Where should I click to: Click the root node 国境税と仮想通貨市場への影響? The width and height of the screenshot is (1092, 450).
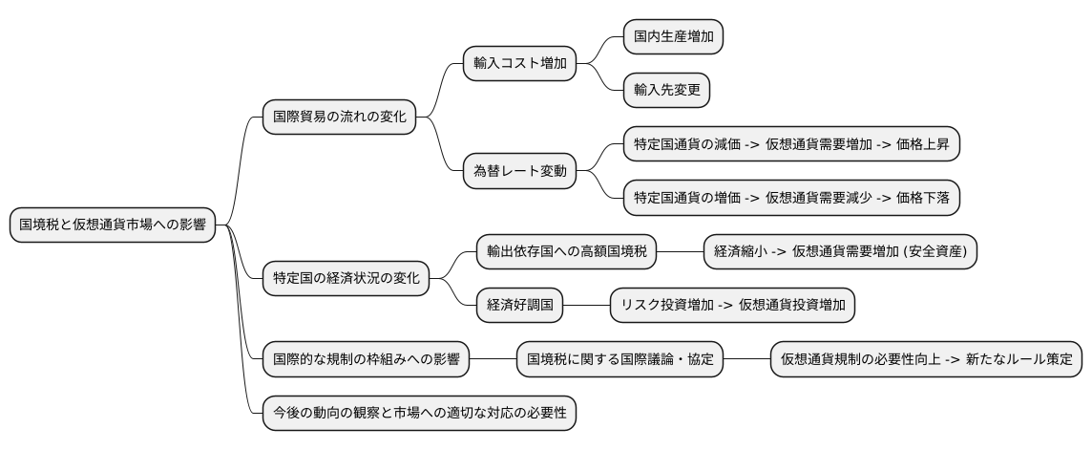click(x=113, y=225)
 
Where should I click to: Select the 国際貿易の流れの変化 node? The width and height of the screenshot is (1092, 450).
click(x=339, y=118)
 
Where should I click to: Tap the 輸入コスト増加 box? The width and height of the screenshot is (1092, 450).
click(x=519, y=64)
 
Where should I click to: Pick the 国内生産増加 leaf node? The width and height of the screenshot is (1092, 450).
click(x=672, y=37)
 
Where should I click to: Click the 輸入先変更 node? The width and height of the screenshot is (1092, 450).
click(x=666, y=91)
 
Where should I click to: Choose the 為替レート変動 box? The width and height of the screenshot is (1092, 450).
click(x=519, y=172)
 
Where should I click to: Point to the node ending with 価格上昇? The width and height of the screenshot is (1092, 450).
click(x=791, y=145)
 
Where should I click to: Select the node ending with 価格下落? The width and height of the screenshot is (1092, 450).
click(x=791, y=199)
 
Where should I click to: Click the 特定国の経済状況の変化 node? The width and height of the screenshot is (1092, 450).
click(x=346, y=279)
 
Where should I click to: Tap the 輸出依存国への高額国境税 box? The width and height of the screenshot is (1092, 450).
click(x=567, y=252)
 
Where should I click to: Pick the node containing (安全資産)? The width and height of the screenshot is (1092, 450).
click(x=840, y=252)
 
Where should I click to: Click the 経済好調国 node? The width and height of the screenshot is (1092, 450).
click(x=519, y=306)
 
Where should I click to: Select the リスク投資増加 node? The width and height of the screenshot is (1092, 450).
click(x=733, y=306)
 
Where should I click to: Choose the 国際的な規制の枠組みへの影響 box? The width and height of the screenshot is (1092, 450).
click(x=366, y=360)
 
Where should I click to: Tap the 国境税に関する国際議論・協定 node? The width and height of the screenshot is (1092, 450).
click(x=619, y=360)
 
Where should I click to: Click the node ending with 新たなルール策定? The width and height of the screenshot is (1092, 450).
click(x=926, y=360)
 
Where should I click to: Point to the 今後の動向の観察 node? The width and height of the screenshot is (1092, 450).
click(x=419, y=414)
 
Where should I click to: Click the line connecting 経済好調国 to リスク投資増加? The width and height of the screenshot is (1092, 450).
click(x=586, y=306)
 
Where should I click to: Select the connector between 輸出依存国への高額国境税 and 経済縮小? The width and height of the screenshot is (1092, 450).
click(x=680, y=252)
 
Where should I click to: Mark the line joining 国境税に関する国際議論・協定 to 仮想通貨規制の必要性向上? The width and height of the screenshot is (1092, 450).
click(x=746, y=360)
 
